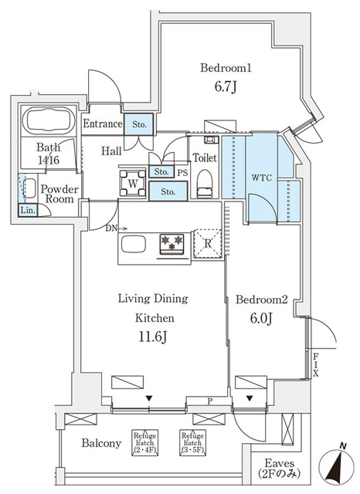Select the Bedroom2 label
click(262, 299)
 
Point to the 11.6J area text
click(154, 337)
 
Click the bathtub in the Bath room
click(48, 121)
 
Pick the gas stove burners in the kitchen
click(172, 243)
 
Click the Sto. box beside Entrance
click(140, 124)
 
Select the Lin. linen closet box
click(27, 210)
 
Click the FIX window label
click(317, 364)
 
